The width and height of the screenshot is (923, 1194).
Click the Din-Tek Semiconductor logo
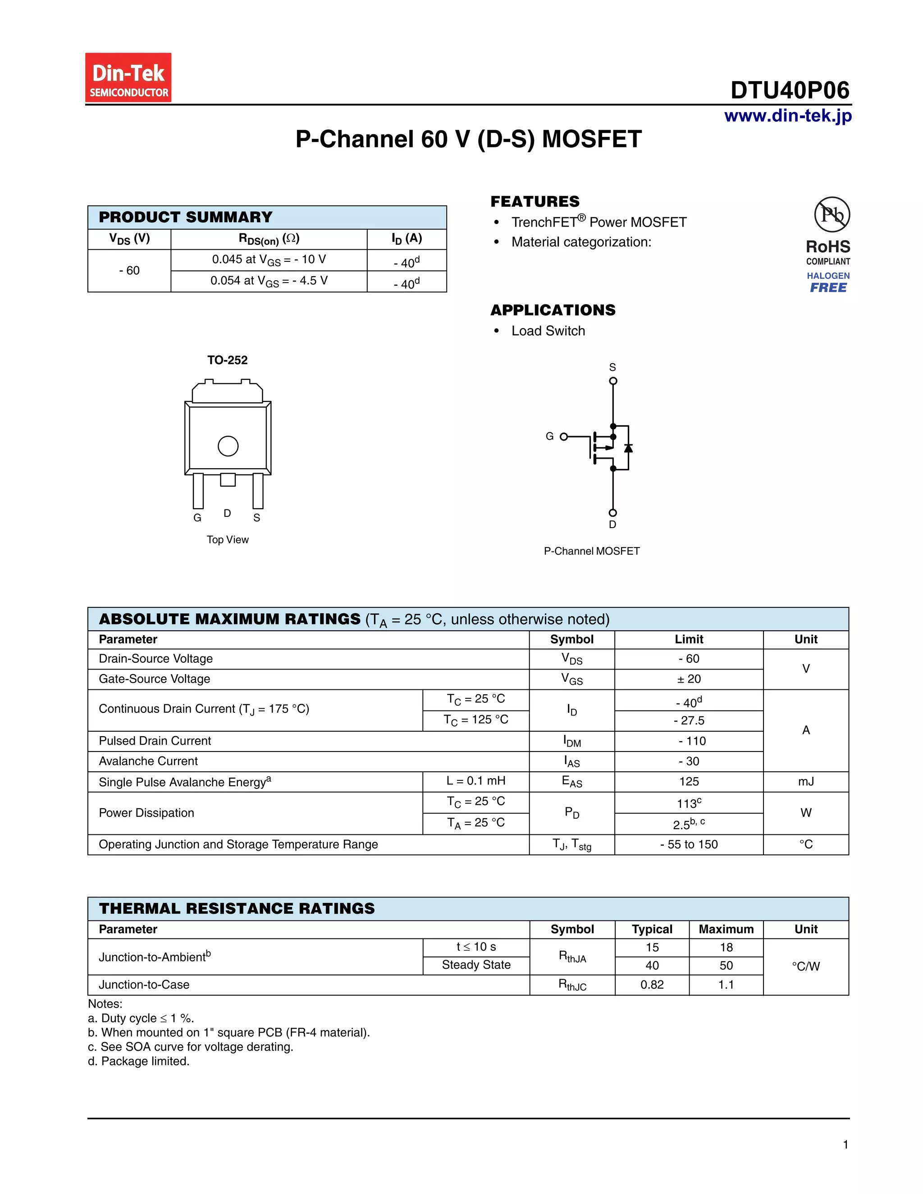click(x=128, y=77)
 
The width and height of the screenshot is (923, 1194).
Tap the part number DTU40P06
click(x=790, y=90)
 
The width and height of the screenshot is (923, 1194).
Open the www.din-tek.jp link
click(x=787, y=116)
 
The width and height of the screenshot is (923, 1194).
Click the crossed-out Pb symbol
click(x=832, y=214)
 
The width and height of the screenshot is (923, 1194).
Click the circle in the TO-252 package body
click(x=228, y=446)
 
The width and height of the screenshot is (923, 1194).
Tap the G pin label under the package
click(x=197, y=518)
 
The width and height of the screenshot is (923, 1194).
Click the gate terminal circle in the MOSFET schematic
click(x=564, y=436)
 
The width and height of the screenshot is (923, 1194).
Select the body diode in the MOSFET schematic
click(x=628, y=448)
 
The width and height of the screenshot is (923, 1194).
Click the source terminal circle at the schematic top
click(x=613, y=381)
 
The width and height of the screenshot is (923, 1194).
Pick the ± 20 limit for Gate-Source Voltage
click(x=689, y=679)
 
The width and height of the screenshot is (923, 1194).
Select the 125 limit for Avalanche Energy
click(x=689, y=782)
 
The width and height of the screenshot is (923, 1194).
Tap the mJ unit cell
click(x=805, y=782)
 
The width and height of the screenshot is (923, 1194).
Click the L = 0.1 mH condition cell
click(x=476, y=781)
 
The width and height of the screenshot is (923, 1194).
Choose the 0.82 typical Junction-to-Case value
click(x=652, y=984)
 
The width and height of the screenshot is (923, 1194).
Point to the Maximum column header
click(x=726, y=930)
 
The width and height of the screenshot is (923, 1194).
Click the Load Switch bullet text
click(x=548, y=331)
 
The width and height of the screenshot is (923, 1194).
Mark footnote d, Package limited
click(x=139, y=1061)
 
